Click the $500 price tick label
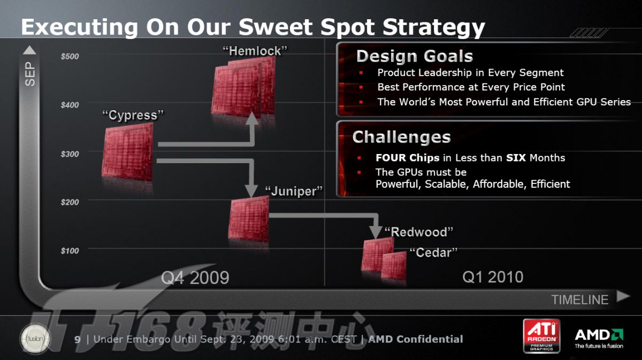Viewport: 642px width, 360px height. pyautogui.click(x=70, y=56)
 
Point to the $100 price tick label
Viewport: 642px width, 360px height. pyautogui.click(x=70, y=251)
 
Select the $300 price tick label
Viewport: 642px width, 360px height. pyautogui.click(x=70, y=154)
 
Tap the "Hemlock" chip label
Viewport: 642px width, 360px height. pyautogui.click(x=255, y=51)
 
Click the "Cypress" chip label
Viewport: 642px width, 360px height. pyautogui.click(x=133, y=115)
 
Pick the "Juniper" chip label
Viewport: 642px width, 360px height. pyautogui.click(x=294, y=191)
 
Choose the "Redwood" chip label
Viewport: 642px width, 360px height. pyautogui.click(x=418, y=232)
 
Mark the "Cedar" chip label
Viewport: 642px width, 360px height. pyautogui.click(x=433, y=252)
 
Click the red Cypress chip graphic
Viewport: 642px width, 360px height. pyautogui.click(x=127, y=152)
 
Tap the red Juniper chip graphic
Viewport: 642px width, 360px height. pyautogui.click(x=249, y=219)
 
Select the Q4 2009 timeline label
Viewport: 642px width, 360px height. pyautogui.click(x=195, y=278)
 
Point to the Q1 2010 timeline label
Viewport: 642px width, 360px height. pyautogui.click(x=493, y=277)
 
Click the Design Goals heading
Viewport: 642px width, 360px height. pyautogui.click(x=415, y=56)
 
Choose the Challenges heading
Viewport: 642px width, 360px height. pyautogui.click(x=402, y=137)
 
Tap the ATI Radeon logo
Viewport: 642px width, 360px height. pyautogui.click(x=541, y=335)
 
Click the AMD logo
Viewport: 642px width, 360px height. pyautogui.click(x=599, y=338)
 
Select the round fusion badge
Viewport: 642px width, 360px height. pyautogui.click(x=35, y=339)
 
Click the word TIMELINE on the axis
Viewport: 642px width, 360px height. pyautogui.click(x=580, y=300)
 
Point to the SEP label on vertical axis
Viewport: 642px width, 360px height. pyautogui.click(x=30, y=74)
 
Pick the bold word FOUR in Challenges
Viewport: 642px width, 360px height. pyautogui.click(x=391, y=158)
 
